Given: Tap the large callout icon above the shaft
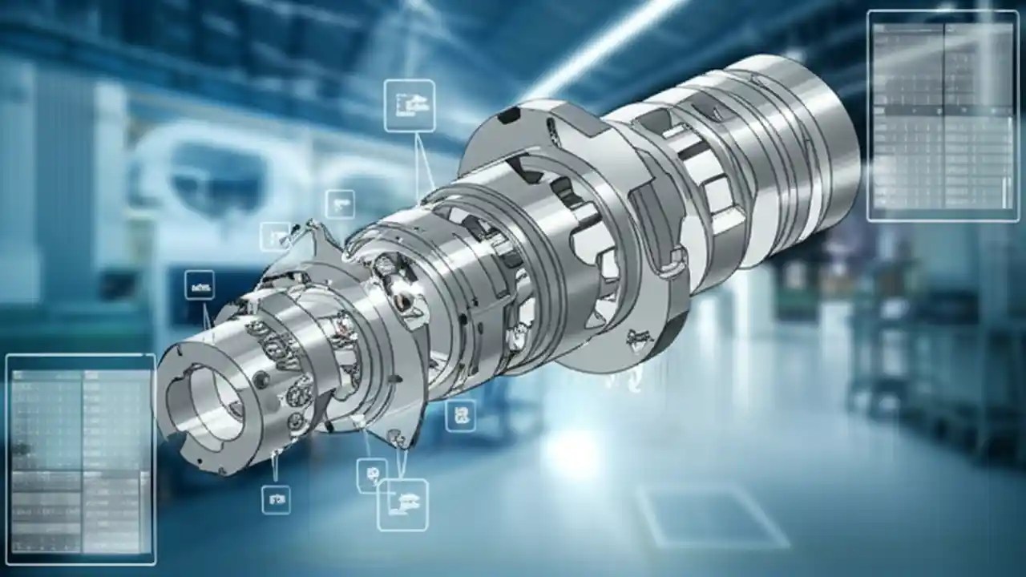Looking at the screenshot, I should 410,105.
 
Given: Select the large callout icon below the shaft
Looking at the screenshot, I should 402,504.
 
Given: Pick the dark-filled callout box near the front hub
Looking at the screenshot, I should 199,284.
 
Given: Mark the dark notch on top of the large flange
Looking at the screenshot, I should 508,117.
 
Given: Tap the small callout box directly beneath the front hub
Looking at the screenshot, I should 276,499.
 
